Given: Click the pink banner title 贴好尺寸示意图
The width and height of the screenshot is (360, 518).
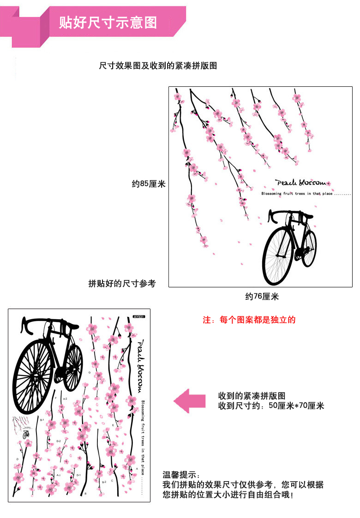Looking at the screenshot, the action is pyautogui.click(x=108, y=22).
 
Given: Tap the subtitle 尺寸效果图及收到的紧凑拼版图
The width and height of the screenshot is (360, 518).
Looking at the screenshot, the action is pyautogui.click(x=158, y=66).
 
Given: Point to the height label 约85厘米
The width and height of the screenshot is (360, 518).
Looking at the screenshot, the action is pyautogui.click(x=149, y=184).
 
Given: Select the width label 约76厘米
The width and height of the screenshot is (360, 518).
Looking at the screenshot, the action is pyautogui.click(x=262, y=297).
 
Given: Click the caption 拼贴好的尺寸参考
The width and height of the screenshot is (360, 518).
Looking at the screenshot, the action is pyautogui.click(x=122, y=283).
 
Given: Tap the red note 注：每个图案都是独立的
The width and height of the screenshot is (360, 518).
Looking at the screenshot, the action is pyautogui.click(x=249, y=320).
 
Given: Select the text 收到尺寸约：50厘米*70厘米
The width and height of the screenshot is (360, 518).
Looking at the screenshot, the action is pyautogui.click(x=271, y=406).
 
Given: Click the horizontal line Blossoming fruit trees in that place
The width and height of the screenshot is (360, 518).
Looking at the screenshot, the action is pyautogui.click(x=306, y=194).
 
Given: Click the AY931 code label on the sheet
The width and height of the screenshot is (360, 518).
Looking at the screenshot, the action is pyautogui.click(x=138, y=316).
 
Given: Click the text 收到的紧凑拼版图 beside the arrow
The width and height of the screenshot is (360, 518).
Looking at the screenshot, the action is pyautogui.click(x=252, y=396).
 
